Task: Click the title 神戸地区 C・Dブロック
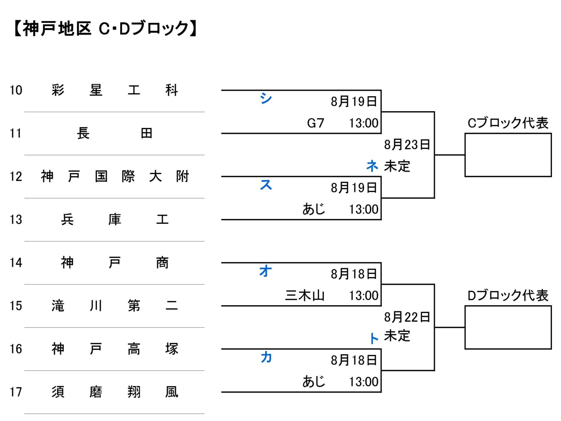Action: [x=105, y=29]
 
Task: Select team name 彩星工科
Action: [x=115, y=90]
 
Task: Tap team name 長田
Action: [x=115, y=133]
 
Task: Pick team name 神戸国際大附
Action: [x=115, y=176]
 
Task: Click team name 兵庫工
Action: [x=115, y=219]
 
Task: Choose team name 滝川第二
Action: [x=115, y=306]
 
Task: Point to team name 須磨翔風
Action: [x=115, y=392]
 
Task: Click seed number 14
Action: [x=16, y=263]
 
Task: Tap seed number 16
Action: [x=16, y=349]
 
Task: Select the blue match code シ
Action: [x=266, y=98]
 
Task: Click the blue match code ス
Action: [x=266, y=184]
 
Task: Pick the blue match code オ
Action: [x=266, y=271]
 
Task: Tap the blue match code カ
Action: [x=266, y=357]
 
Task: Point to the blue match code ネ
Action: [x=372, y=166]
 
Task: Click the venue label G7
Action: [x=316, y=123]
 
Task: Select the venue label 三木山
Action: [x=305, y=296]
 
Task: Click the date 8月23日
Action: [x=407, y=145]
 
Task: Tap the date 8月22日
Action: [x=407, y=317]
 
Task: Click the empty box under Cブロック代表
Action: [x=508, y=134]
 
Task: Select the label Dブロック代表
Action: [x=508, y=296]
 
